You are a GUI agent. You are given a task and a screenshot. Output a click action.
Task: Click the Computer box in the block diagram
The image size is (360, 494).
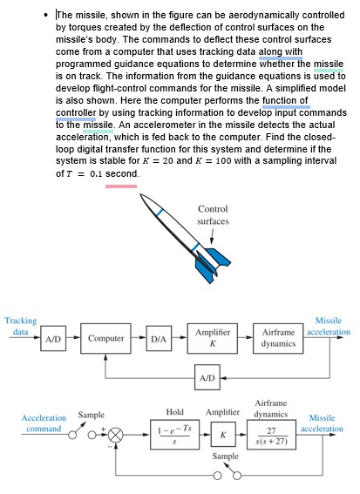click(106, 338)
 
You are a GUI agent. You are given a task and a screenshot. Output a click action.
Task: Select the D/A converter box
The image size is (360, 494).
click(160, 338)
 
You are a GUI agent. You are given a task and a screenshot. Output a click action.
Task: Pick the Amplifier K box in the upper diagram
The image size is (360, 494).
click(213, 338)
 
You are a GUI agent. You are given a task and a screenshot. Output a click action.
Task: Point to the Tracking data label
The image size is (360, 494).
click(20, 327)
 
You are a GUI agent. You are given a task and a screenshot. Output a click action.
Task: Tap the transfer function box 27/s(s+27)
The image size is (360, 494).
click(270, 433)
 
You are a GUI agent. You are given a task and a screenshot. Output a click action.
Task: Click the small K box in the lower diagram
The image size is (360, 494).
click(222, 433)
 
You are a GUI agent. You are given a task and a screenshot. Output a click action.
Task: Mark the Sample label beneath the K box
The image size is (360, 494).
click(225, 456)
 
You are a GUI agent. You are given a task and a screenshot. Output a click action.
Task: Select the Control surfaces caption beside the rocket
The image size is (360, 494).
click(214, 215)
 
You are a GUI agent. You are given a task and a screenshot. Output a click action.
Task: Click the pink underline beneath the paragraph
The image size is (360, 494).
click(120, 186)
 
